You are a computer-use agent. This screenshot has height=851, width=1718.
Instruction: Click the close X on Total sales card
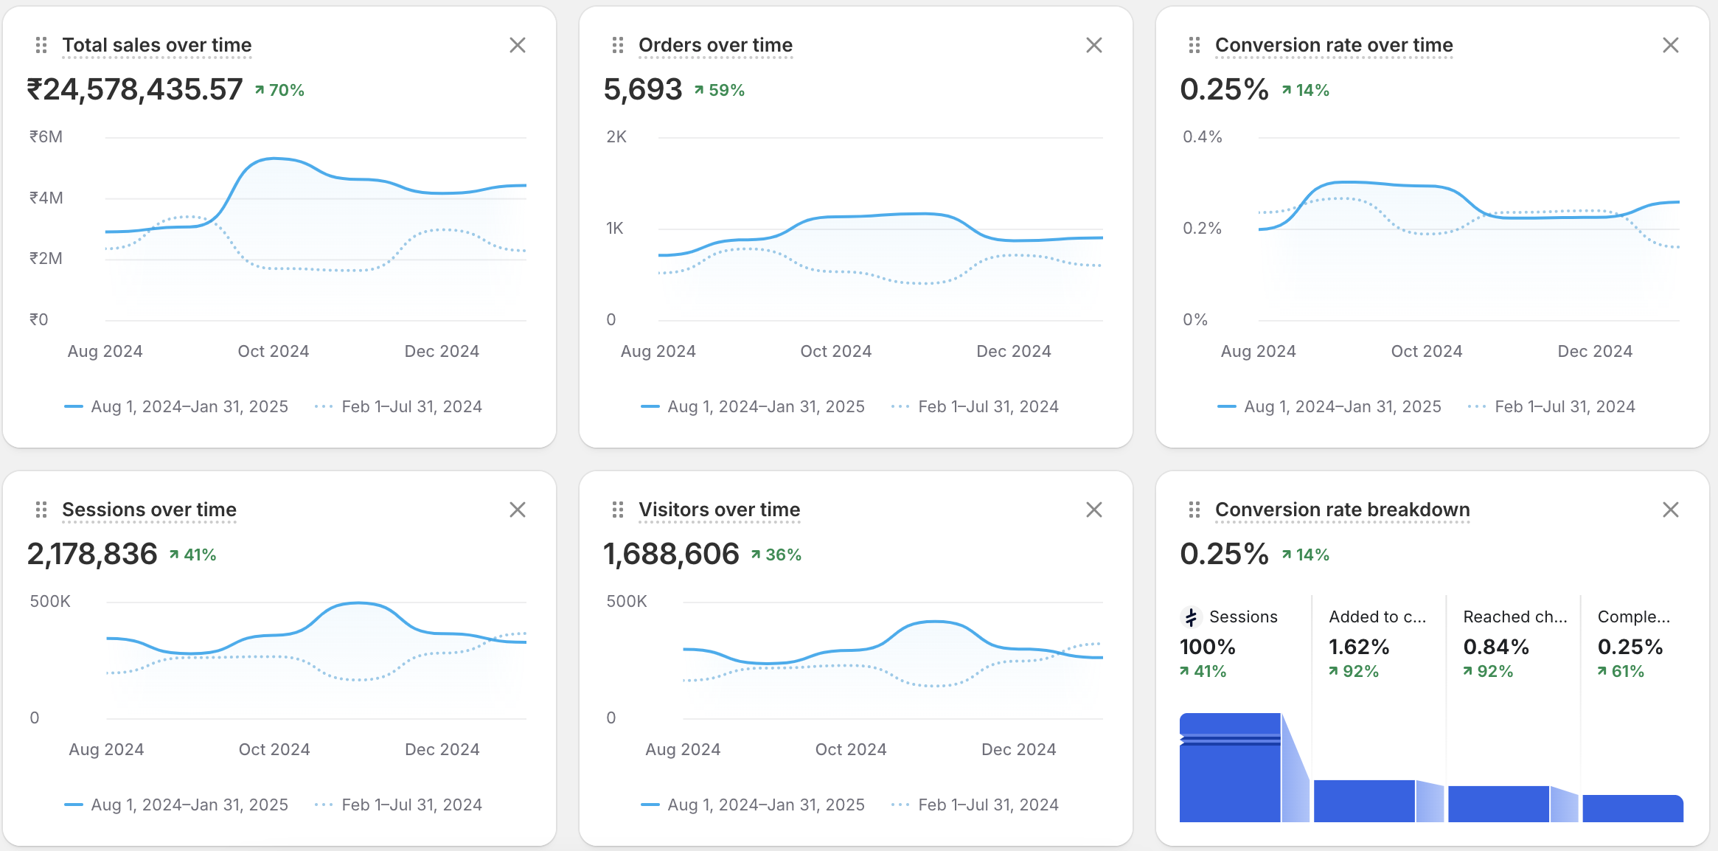tap(518, 46)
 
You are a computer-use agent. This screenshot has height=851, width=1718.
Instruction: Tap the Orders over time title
tap(715, 46)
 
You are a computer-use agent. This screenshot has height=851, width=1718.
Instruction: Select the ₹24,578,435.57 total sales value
tap(135, 90)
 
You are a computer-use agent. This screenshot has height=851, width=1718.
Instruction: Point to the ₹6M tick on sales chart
tap(46, 137)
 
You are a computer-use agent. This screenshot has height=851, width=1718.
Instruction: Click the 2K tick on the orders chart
tap(616, 137)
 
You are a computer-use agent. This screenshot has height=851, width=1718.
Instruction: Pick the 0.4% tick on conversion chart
tap(1202, 137)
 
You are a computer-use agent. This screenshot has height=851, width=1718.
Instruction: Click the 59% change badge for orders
tap(720, 91)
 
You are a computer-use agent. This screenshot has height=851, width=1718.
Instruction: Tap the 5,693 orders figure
tap(643, 90)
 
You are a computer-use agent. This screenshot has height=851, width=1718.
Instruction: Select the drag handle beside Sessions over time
tap(41, 510)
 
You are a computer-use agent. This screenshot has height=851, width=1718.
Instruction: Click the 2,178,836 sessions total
tap(92, 555)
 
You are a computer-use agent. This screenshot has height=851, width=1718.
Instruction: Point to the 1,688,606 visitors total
tap(671, 555)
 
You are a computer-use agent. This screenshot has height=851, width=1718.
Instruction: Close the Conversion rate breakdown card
tap(1671, 510)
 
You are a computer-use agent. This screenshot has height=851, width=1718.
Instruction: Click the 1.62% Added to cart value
tap(1359, 647)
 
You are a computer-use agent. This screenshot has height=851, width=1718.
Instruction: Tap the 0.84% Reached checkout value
tap(1496, 647)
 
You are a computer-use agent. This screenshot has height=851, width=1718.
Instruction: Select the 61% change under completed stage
tap(1621, 672)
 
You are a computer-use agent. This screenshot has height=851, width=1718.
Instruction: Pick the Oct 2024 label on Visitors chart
tap(851, 750)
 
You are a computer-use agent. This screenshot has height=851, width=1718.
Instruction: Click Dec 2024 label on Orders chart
tap(1014, 352)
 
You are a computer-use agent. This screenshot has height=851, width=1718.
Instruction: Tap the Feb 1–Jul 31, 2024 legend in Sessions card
tap(411, 805)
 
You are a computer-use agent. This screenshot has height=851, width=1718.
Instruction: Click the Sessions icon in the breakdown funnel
tap(1191, 617)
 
